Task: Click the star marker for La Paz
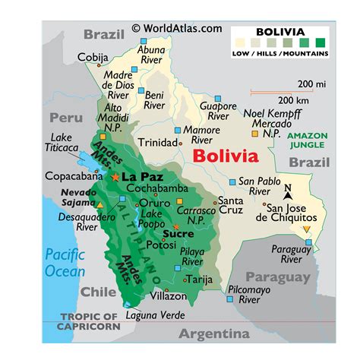tap(115, 177)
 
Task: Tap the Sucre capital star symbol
tap(177, 226)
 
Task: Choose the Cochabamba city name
tap(157, 188)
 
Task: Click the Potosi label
tap(162, 245)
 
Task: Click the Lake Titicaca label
tap(60, 143)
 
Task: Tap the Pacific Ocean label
tap(65, 261)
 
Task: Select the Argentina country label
tap(213, 334)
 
